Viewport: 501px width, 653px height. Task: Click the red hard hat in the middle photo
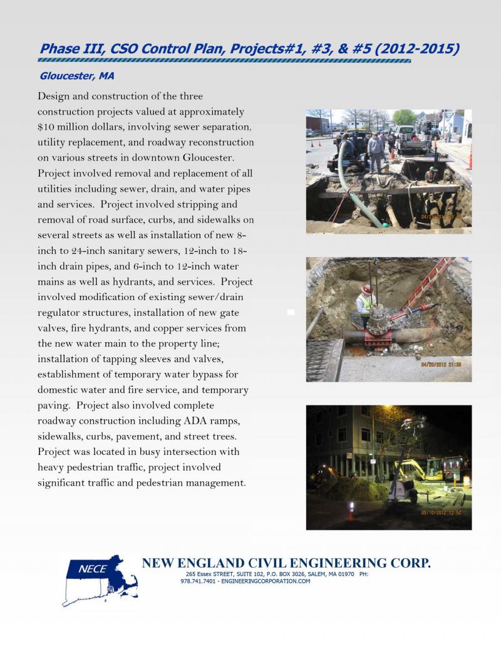pos(366,290)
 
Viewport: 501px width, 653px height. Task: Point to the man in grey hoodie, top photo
pos(375,150)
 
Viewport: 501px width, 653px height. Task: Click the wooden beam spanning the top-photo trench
pos(388,192)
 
